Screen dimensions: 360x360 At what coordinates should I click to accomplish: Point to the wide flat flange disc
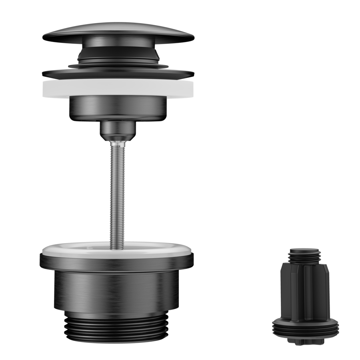(x=118, y=73)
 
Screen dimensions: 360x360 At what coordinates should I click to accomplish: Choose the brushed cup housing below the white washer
(x=118, y=108)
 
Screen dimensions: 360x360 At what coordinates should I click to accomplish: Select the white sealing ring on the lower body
(x=116, y=248)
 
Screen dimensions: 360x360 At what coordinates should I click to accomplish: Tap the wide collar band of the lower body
(x=117, y=262)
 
